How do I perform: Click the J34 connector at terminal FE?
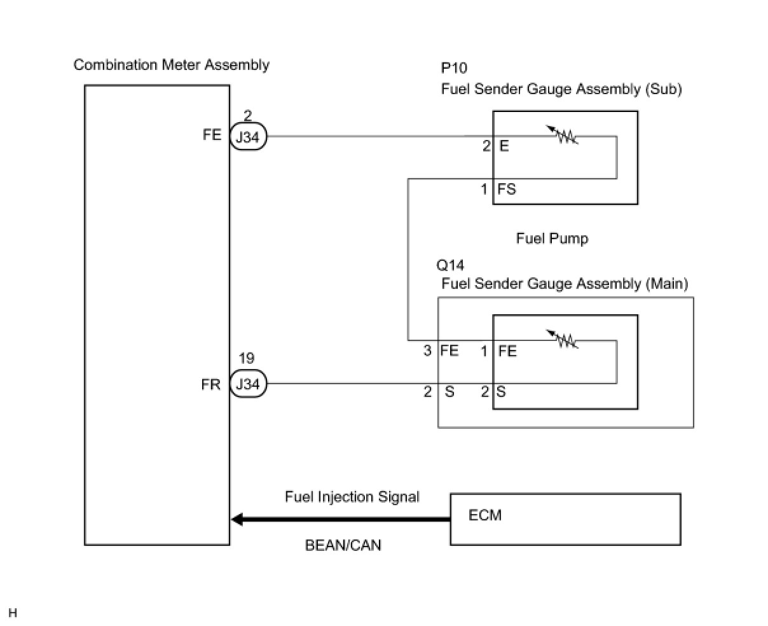tap(248, 137)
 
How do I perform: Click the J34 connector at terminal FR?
tap(248, 384)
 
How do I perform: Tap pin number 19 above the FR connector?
tap(247, 359)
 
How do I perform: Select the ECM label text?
tap(485, 515)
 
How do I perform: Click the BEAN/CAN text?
tap(343, 545)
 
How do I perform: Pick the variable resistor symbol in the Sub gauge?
tap(563, 136)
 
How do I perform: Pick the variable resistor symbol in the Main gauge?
tap(563, 340)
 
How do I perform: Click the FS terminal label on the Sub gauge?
tap(507, 189)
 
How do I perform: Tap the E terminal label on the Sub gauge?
tap(504, 146)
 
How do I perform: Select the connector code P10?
tap(455, 68)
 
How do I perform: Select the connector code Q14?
tap(451, 265)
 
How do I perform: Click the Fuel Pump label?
tap(552, 239)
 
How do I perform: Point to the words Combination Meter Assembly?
tap(172, 65)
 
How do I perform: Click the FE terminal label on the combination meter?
tap(212, 135)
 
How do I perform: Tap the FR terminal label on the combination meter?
tap(211, 385)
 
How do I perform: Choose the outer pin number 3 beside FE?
tap(428, 351)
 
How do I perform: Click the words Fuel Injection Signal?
tap(352, 497)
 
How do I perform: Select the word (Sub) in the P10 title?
tap(663, 89)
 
